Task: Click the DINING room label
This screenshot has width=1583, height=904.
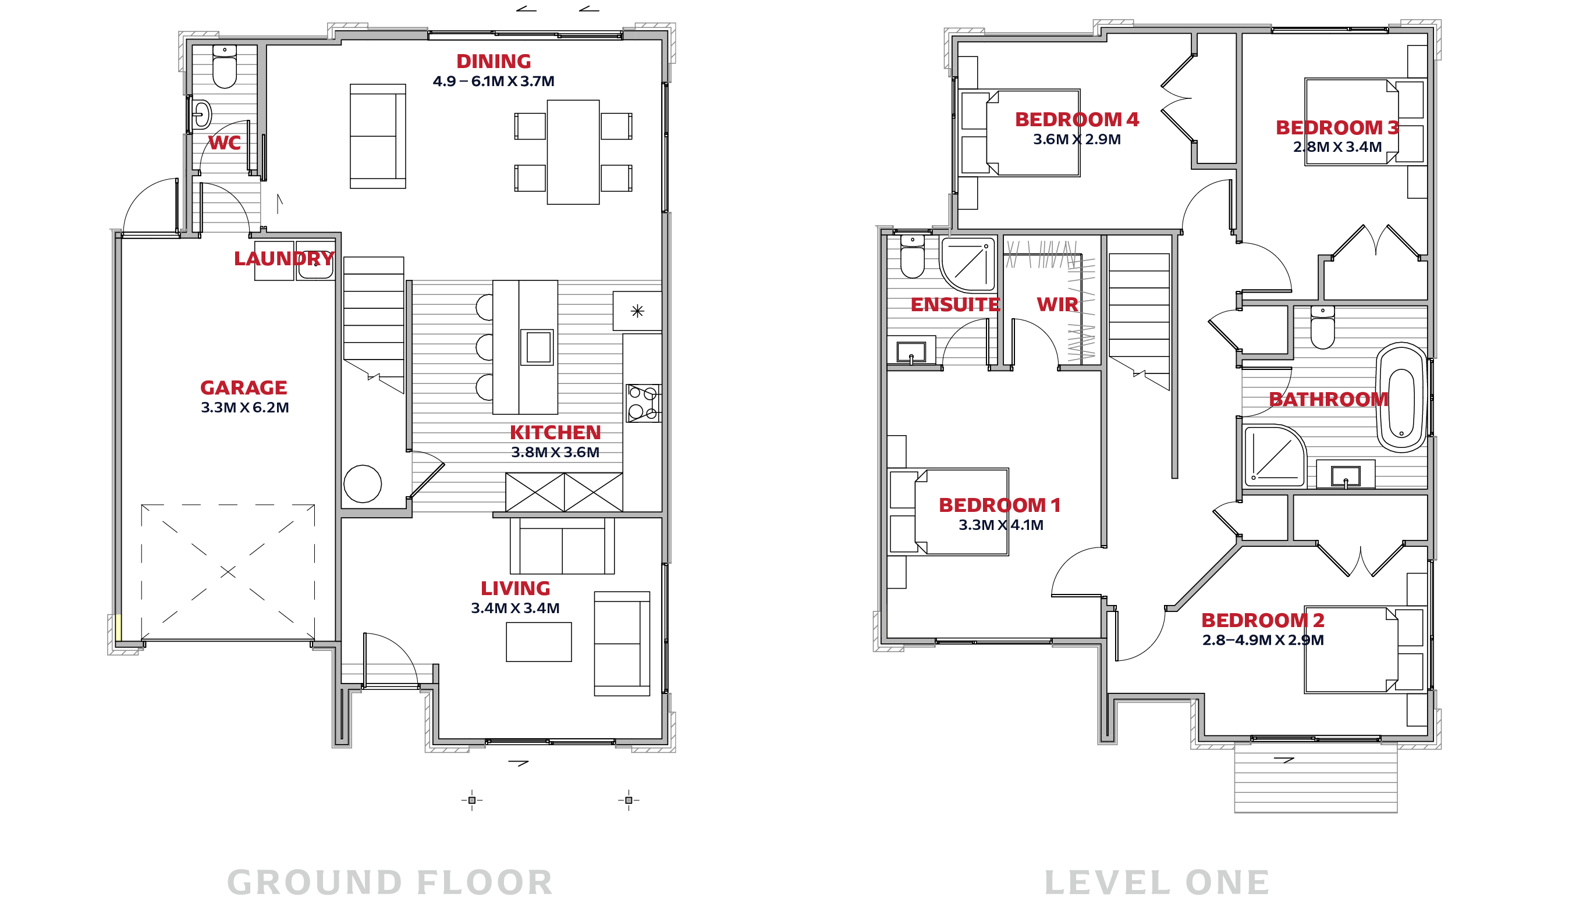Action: (493, 62)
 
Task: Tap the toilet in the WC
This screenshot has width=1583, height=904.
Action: (224, 66)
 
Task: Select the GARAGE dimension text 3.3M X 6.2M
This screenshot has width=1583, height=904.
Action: (244, 407)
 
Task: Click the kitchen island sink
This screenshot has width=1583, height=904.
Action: (537, 347)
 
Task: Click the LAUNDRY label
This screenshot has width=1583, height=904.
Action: (284, 258)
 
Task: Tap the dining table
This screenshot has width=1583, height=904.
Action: (573, 152)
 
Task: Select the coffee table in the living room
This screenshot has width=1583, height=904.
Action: (538, 642)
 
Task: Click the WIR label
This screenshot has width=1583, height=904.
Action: (1057, 305)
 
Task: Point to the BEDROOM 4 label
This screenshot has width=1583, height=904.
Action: (1076, 119)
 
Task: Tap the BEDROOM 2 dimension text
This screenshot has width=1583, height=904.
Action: (1262, 640)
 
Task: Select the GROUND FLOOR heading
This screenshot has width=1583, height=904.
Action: (390, 882)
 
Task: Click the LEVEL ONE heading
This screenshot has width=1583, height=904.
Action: (1156, 882)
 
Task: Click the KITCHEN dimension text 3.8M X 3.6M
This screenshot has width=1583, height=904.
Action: (555, 452)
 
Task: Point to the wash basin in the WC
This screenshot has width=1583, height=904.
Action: (201, 114)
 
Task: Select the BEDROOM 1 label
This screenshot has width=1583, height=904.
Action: (999, 506)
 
